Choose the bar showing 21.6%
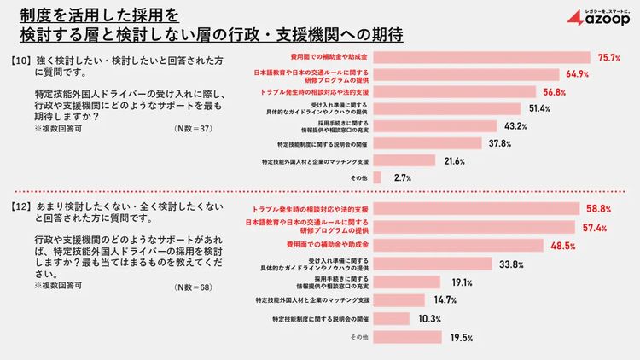pyautogui.click(x=405, y=160)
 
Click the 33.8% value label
pyautogui.click(x=510, y=264)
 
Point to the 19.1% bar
pyautogui.click(x=408, y=282)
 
